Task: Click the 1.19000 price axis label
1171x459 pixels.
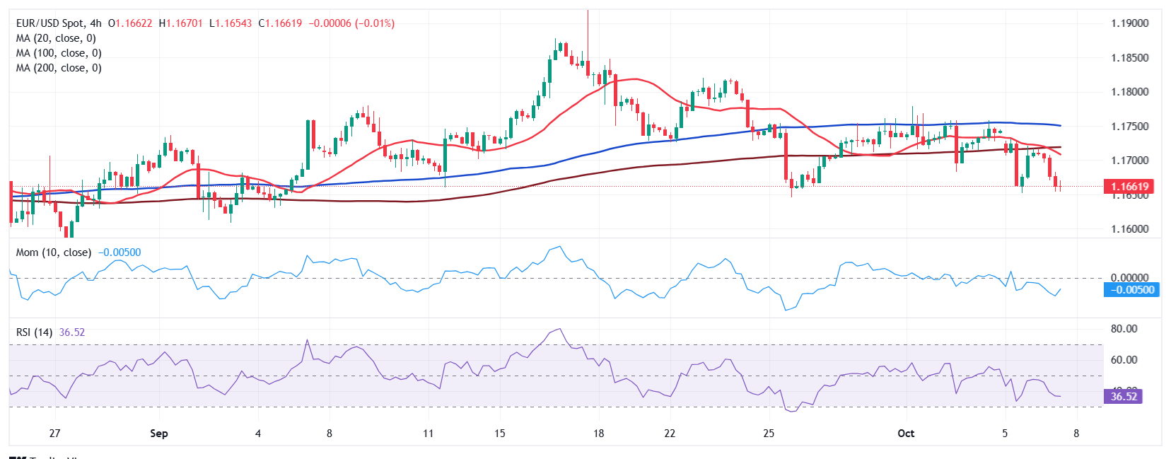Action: pos(1129,23)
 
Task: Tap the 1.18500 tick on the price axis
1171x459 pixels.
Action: pos(1129,58)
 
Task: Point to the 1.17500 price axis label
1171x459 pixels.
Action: pos(1129,127)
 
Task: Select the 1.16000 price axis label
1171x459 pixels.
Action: pos(1129,229)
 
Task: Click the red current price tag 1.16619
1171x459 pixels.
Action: pos(1129,187)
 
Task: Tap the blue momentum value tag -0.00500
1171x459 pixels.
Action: pos(1131,290)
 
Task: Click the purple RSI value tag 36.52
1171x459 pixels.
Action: pos(1123,397)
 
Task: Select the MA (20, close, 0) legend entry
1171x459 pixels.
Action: pos(56,38)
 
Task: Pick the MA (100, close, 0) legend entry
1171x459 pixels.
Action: pos(59,53)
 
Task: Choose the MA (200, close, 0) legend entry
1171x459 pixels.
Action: pos(59,68)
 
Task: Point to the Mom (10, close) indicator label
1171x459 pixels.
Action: pos(54,252)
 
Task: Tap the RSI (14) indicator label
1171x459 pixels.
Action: pos(34,332)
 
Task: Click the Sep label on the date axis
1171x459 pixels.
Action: pos(159,434)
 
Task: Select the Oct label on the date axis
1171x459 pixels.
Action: pos(906,434)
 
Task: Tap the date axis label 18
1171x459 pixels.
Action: pos(599,434)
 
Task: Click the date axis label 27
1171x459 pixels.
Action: pos(54,434)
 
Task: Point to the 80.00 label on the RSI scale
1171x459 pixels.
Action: pos(1124,329)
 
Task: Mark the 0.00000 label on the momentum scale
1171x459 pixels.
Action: pos(1129,278)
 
